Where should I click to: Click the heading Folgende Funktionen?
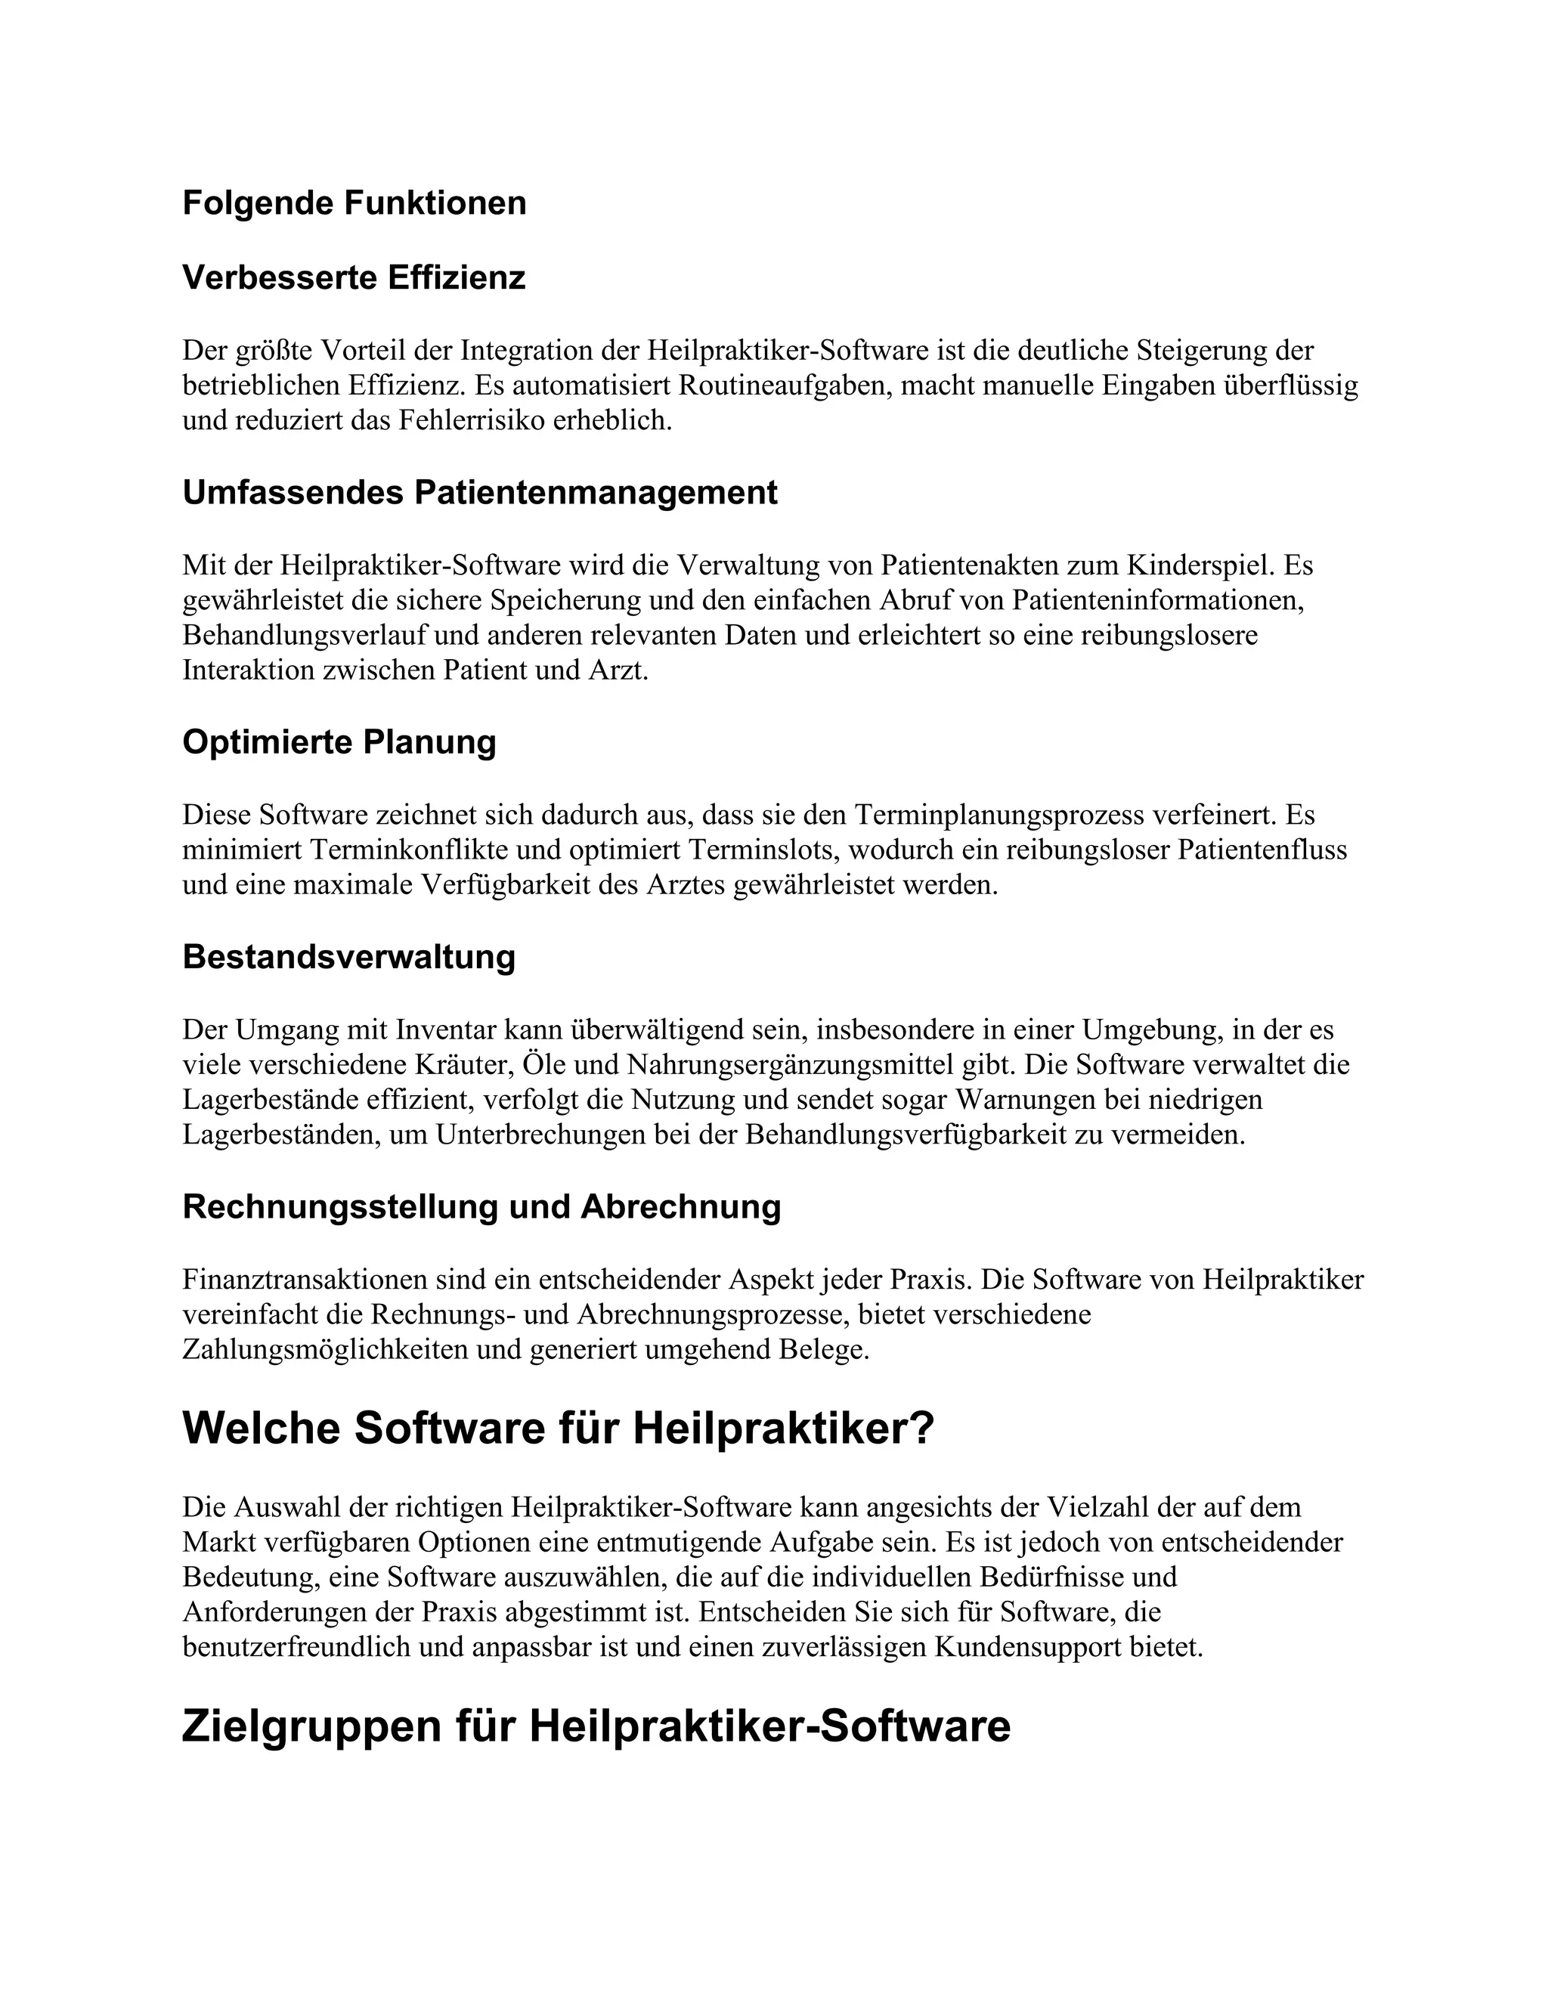tap(354, 203)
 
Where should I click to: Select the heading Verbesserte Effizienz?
tap(354, 277)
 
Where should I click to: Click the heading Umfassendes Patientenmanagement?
tap(480, 493)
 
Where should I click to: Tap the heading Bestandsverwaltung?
tap(348, 957)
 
